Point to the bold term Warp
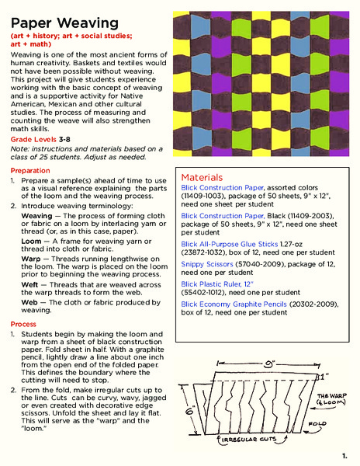32,263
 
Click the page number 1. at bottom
343,455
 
